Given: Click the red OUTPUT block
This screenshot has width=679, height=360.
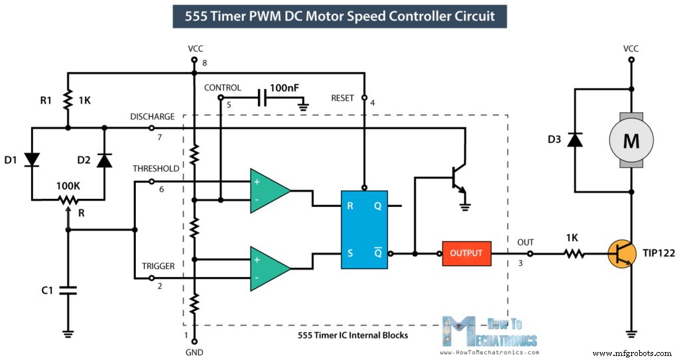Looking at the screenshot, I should tap(467, 253).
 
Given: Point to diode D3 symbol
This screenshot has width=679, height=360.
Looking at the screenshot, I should tap(575, 140).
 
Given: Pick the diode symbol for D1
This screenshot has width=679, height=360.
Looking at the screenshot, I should tap(31, 158).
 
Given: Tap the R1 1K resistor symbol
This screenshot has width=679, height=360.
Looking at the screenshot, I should tap(68, 101).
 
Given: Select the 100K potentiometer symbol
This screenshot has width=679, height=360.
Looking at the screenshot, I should tap(68, 199).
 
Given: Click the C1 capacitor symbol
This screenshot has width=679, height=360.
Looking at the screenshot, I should tap(68, 290).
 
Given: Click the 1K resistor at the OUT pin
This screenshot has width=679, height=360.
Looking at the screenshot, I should tap(574, 253).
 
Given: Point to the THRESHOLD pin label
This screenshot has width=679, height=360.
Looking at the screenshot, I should tap(156, 168).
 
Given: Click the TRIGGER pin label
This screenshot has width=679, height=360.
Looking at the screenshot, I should tap(158, 266).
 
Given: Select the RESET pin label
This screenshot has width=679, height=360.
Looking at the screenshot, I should tap(343, 98).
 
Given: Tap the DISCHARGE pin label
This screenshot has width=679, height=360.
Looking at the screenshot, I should tap(153, 117).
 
